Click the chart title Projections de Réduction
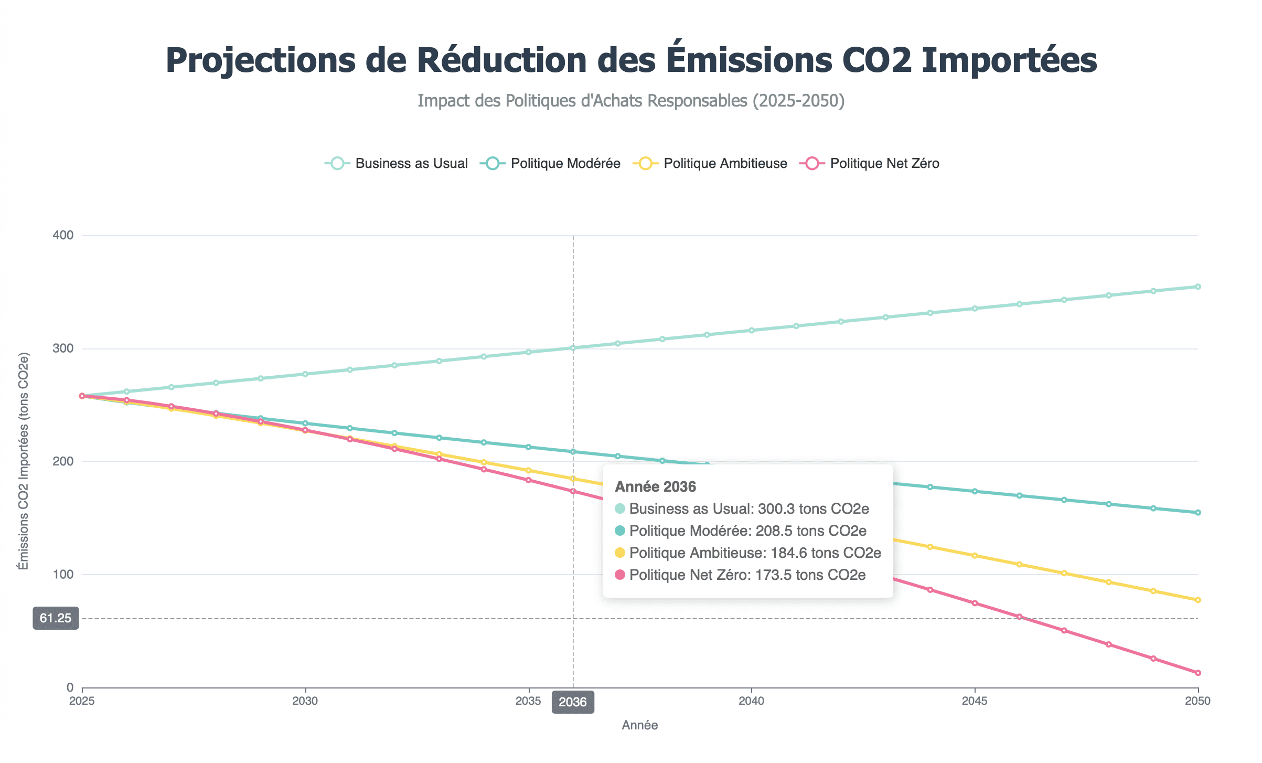click(x=631, y=60)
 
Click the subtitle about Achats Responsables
click(x=631, y=100)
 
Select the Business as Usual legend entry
click(x=397, y=163)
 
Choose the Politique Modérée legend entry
click(x=551, y=163)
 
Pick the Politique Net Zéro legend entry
click(x=870, y=163)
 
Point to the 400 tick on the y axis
click(x=63, y=235)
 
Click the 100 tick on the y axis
click(x=63, y=575)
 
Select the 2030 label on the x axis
click(x=305, y=701)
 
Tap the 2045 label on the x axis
click(x=975, y=701)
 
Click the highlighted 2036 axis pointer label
click(x=573, y=702)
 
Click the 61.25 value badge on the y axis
click(x=56, y=618)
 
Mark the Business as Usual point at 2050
click(x=1198, y=287)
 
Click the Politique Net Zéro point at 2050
click(x=1198, y=673)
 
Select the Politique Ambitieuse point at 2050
click(x=1198, y=600)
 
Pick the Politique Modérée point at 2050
click(x=1198, y=513)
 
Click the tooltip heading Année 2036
click(x=655, y=487)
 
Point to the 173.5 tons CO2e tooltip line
click(x=747, y=575)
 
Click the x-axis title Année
click(x=640, y=725)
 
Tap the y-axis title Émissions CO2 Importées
click(x=24, y=461)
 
